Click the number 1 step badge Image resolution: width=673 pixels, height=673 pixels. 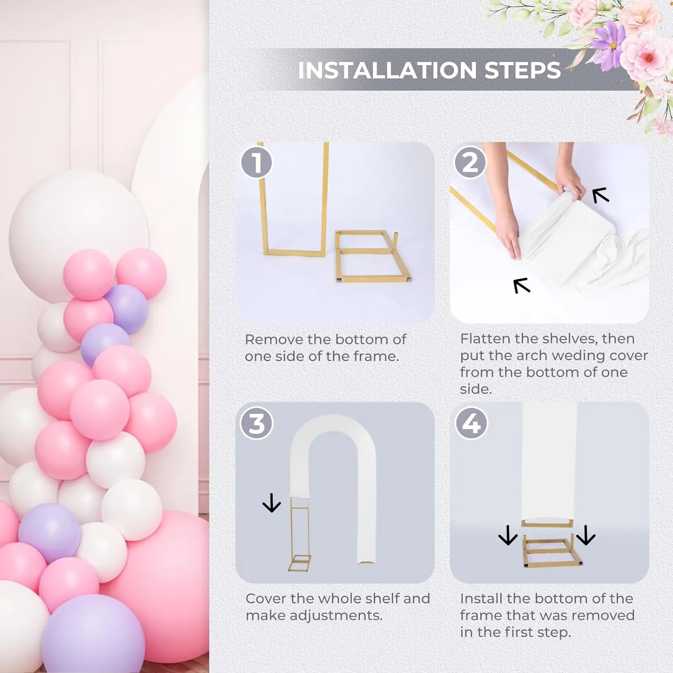pos(257,162)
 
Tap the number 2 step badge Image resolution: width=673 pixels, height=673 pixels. pos(470,162)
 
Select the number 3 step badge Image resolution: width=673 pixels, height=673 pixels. pos(257,424)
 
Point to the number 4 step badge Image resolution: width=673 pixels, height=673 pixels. pos(471,424)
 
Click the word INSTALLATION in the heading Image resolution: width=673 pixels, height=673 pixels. pos(387,70)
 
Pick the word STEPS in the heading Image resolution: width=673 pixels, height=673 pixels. pos(523,70)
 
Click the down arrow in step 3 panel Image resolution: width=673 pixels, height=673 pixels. pos(271,503)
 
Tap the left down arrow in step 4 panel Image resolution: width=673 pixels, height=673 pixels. pos(508,535)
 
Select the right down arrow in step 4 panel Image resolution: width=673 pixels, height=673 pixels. pos(586,535)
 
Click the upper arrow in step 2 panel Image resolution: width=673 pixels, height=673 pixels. pos(601,195)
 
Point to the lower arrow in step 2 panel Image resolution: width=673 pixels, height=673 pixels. pos(522,286)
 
